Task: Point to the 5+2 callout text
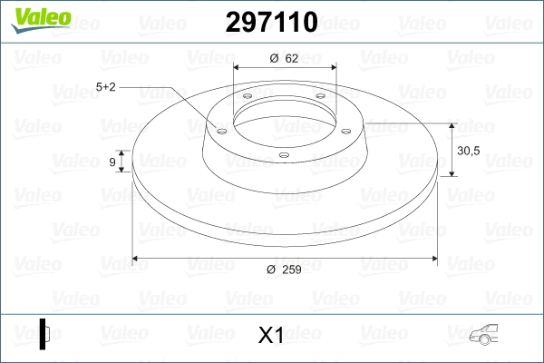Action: click(105, 87)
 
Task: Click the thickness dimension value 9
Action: click(112, 162)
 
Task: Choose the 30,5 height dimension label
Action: click(470, 150)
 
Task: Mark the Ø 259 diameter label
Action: click(285, 270)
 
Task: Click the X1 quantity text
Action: click(271, 336)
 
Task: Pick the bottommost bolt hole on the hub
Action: click(283, 155)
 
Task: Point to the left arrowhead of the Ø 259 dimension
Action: click(137, 259)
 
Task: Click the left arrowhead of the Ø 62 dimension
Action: click(238, 68)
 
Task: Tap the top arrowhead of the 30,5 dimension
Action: click(452, 125)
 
